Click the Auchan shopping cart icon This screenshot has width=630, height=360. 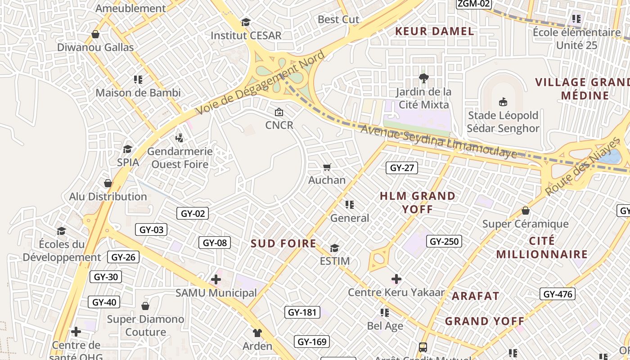[x=327, y=167]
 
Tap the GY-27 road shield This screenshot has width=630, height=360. [x=402, y=168]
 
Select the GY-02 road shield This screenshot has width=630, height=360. [x=193, y=213]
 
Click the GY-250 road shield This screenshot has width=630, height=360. [x=444, y=241]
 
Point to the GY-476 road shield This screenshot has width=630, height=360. [x=558, y=294]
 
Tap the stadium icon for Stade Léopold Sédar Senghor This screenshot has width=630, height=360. [x=503, y=102]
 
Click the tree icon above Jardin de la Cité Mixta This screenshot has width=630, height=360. [x=423, y=78]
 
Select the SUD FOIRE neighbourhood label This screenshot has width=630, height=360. [x=283, y=243]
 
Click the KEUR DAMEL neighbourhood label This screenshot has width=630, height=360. [x=434, y=31]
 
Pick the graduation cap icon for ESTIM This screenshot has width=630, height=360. [x=334, y=248]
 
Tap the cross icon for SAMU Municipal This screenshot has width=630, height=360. [x=216, y=279]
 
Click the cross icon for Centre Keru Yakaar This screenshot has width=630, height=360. [x=396, y=279]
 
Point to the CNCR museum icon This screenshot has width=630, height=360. [x=279, y=112]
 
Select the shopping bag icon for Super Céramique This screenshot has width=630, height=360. [x=525, y=211]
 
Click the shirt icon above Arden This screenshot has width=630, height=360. [x=257, y=333]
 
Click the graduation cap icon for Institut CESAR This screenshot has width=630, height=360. [x=246, y=22]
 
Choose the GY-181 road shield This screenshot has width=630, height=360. [x=302, y=312]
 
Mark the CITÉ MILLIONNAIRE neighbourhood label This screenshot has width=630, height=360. [x=542, y=247]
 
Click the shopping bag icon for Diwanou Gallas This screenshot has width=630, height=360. [x=95, y=34]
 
